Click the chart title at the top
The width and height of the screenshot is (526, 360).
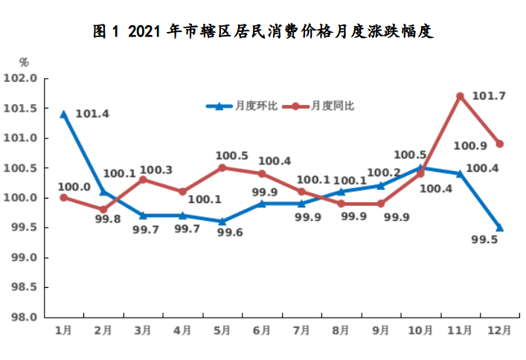(263, 32)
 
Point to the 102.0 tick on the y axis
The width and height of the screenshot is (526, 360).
(21, 79)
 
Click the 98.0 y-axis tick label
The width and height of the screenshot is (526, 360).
(21, 317)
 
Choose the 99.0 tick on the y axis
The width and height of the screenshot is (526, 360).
(21, 257)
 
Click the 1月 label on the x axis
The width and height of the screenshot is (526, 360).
(64, 330)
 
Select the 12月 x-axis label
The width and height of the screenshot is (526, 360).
(499, 330)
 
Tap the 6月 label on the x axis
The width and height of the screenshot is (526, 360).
(261, 330)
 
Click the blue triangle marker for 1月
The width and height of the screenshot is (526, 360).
(64, 115)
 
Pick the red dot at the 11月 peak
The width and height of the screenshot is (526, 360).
(460, 97)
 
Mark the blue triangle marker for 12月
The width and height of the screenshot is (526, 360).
(499, 228)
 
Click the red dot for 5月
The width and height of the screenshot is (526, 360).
(222, 168)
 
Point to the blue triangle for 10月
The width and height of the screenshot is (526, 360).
(420, 168)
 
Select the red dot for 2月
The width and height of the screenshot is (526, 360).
(103, 210)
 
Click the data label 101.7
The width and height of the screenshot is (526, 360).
(489, 96)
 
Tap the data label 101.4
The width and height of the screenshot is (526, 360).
(92, 115)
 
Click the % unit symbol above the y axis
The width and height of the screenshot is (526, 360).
(24, 62)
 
